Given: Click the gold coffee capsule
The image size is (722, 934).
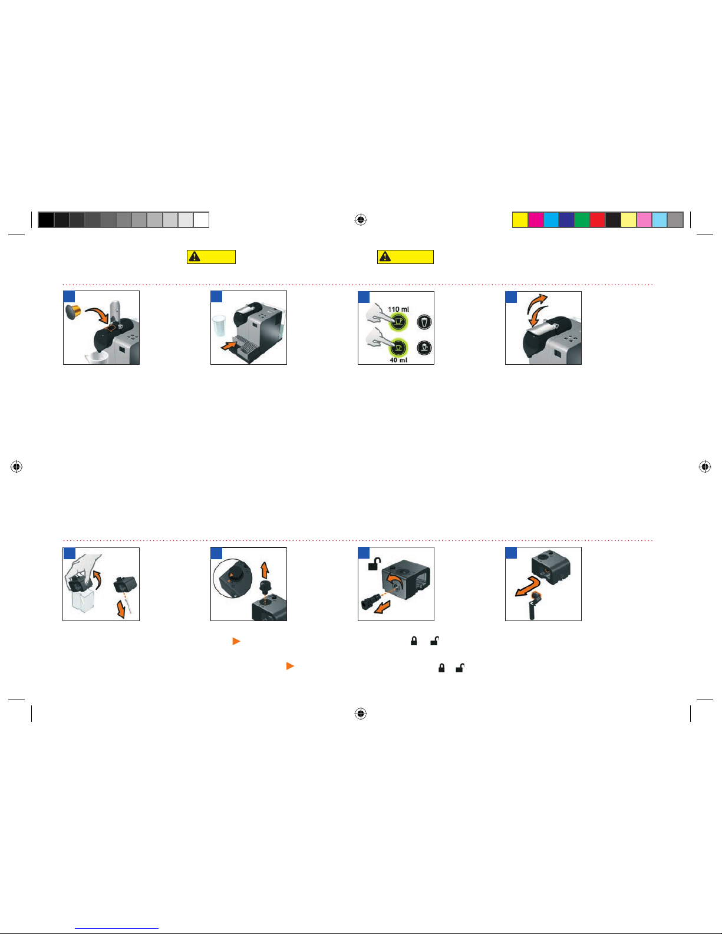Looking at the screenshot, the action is [73, 312].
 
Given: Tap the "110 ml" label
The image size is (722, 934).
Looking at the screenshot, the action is [398, 309].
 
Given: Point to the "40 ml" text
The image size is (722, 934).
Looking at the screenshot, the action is [398, 360].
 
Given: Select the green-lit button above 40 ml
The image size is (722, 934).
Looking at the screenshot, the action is [398, 347].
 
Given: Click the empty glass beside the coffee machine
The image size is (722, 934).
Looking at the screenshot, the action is [219, 326].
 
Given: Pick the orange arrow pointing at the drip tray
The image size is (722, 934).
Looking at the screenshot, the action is [229, 344].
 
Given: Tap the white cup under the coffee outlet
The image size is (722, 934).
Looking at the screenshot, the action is [97, 358].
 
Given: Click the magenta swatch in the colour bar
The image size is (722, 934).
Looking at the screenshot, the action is [536, 220].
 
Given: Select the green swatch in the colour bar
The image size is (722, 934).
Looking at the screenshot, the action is [582, 220].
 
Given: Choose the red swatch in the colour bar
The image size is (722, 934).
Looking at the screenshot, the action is [598, 220].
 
